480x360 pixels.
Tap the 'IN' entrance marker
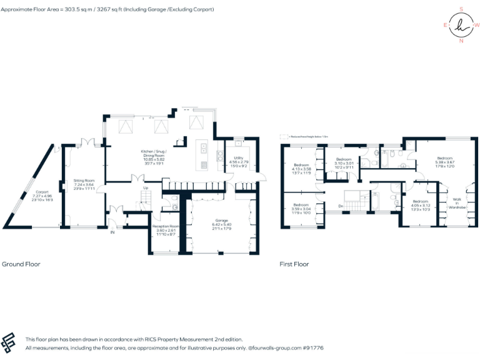112,232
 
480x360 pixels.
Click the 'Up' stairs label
146,187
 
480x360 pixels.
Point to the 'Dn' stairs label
341,206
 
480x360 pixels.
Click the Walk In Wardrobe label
456,202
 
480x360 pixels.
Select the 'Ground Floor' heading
22,264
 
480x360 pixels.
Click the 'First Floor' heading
294,264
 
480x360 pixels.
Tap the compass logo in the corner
461,25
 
